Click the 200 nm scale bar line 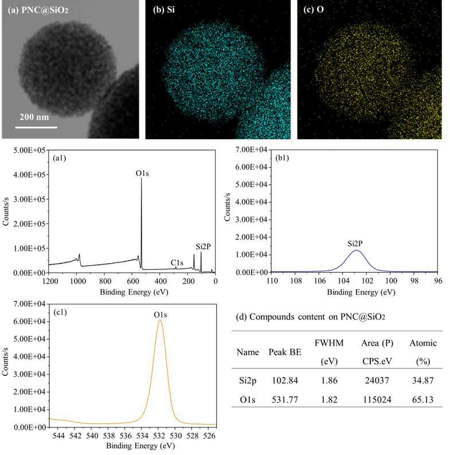(x=36, y=127)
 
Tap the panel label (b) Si (x=164, y=10)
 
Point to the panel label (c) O (x=314, y=10)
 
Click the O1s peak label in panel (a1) (x=142, y=173)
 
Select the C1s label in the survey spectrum (x=177, y=262)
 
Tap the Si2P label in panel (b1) (x=355, y=243)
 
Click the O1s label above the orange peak (x=161, y=315)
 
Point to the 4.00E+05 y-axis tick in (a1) (x=29, y=175)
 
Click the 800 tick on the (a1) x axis (x=105, y=281)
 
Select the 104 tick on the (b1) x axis (x=343, y=281)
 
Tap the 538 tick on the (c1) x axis (x=108, y=436)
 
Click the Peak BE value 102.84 (x=285, y=380)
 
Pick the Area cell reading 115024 (x=377, y=399)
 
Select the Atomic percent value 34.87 (x=422, y=380)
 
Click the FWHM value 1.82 (x=329, y=399)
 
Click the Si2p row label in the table (x=248, y=381)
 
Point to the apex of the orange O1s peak (x=160, y=320)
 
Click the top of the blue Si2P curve (x=356, y=250)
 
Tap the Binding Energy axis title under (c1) (x=140, y=445)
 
